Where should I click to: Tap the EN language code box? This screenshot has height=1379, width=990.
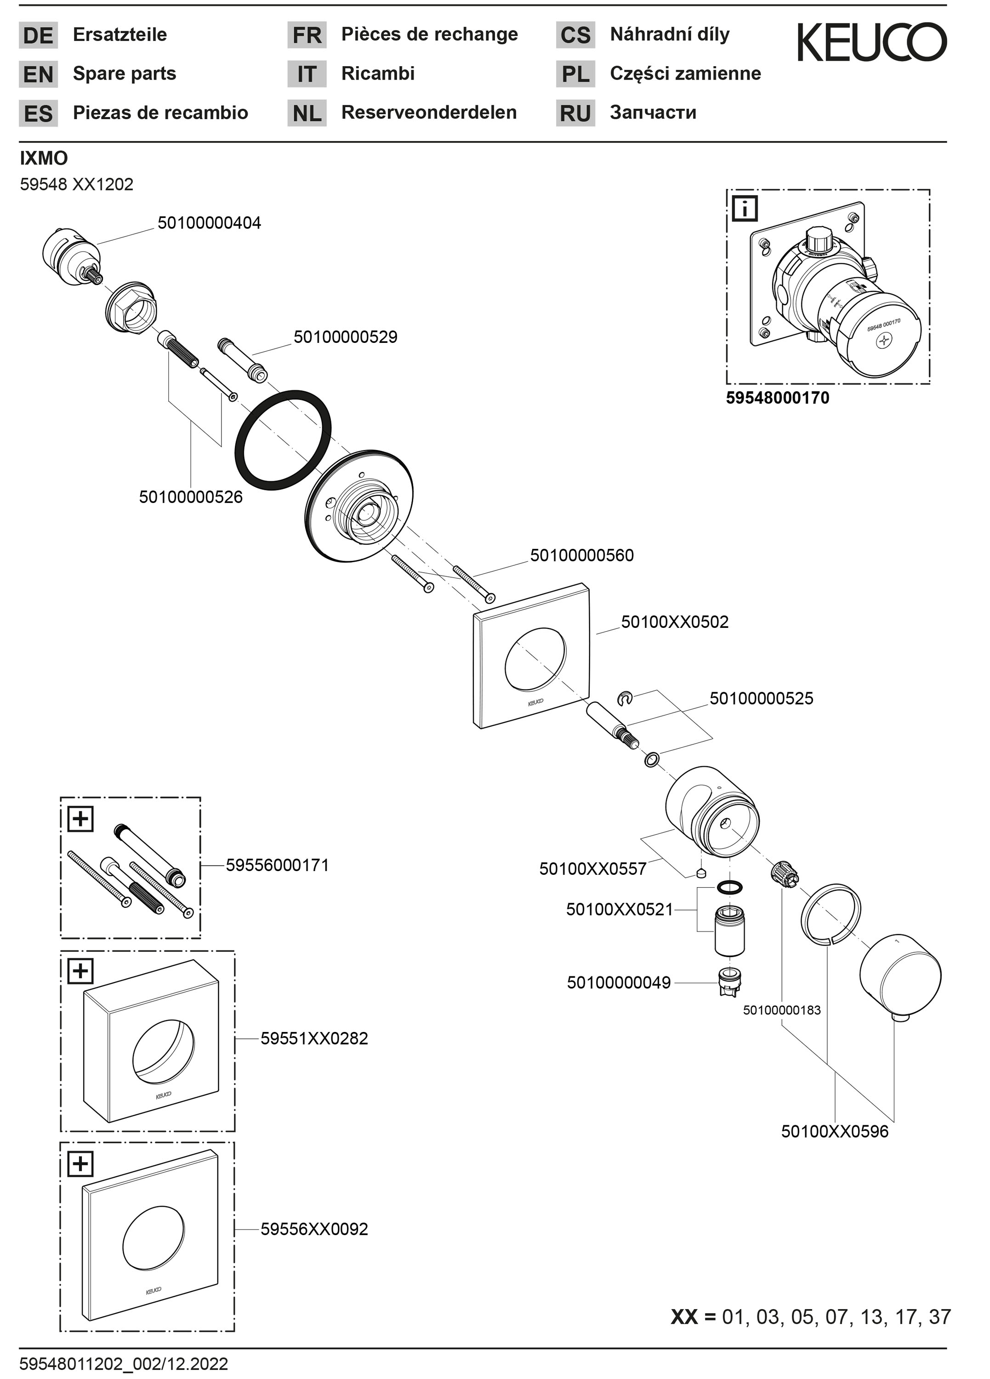pos(38,74)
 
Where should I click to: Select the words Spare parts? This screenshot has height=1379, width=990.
pos(124,74)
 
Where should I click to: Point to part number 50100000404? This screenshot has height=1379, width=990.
pos(209,223)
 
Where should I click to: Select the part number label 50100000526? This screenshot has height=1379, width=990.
pos(190,497)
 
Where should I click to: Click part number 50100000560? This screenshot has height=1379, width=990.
pos(581,555)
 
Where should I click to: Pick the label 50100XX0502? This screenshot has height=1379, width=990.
pos(674,621)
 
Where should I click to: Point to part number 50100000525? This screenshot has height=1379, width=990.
pos(761,698)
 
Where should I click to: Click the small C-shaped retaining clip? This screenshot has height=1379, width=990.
pos(625,699)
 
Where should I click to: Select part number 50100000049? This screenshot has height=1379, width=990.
pos(619,983)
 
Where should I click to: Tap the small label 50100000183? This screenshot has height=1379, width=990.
pos(781,1010)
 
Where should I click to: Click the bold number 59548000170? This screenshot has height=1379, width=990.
pos(777,398)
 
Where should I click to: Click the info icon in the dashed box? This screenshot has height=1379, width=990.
pos(745,209)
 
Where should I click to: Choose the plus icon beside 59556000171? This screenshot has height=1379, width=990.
pos(81,819)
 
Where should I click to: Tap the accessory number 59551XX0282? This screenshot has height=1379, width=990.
pos(314,1038)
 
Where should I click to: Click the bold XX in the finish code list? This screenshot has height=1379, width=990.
pos(684,1317)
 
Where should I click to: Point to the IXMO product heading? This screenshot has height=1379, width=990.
pos(44,158)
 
